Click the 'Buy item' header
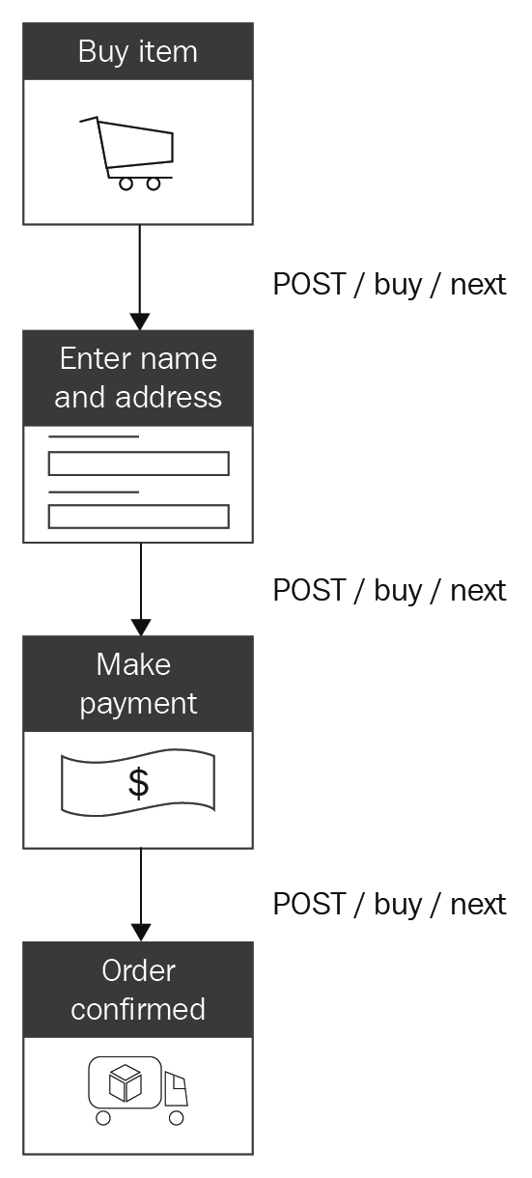tap(138, 51)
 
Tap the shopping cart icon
tap(126, 154)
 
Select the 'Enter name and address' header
tap(138, 379)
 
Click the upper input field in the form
tap(139, 463)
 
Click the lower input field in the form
tap(139, 517)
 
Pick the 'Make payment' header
tap(138, 684)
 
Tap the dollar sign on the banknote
tap(138, 783)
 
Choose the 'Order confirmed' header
tap(138, 990)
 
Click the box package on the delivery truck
tap(126, 1082)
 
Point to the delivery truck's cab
tap(176, 1088)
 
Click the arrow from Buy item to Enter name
tap(140, 278)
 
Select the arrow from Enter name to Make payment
tap(141, 590)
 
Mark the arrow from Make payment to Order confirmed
tap(141, 895)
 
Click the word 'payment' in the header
tap(138, 705)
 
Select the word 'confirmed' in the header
tap(138, 1009)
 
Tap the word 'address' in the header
tap(168, 397)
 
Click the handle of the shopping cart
tap(89, 120)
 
